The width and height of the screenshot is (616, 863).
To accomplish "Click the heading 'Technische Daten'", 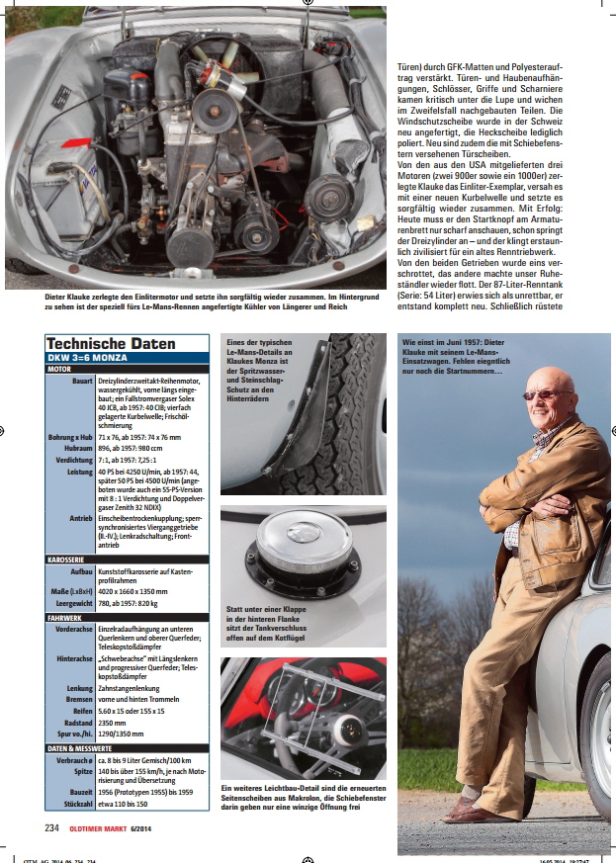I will click(111, 343).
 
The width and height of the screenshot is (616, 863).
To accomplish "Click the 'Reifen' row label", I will click(81, 710).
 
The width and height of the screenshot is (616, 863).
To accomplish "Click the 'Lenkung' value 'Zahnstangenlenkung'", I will click(132, 687).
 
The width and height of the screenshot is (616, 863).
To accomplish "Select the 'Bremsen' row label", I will click(78, 699).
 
